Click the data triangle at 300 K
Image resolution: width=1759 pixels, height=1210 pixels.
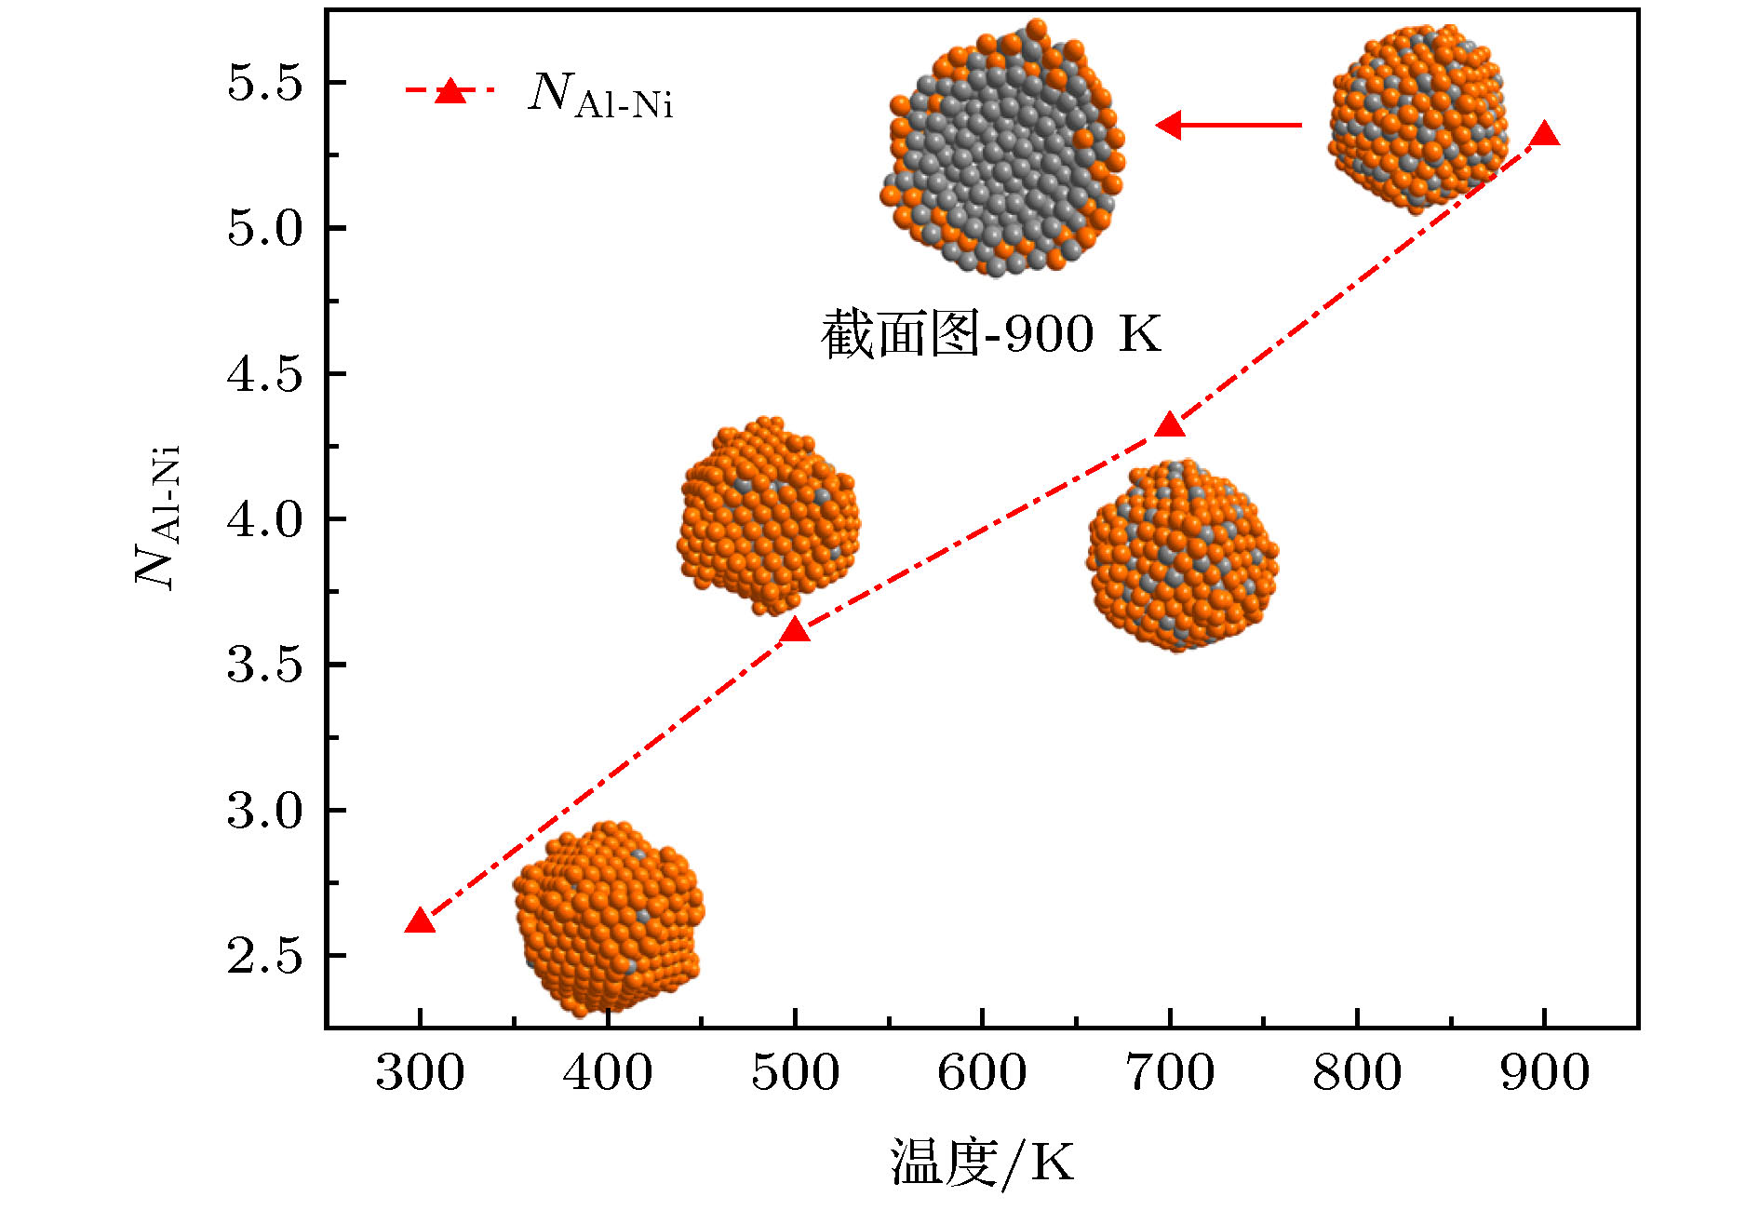(x=420, y=921)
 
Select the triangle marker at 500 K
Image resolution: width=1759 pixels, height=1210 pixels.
(x=794, y=631)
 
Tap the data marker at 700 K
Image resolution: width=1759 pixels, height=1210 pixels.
(x=1170, y=426)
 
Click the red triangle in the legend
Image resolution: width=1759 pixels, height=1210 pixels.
(x=450, y=91)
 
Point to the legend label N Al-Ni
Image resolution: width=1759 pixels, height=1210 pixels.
(x=600, y=95)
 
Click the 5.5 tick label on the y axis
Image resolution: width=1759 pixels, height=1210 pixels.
(x=265, y=84)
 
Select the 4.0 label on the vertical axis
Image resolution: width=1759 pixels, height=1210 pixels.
(x=265, y=519)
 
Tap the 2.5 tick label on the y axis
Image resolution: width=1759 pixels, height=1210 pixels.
(x=265, y=957)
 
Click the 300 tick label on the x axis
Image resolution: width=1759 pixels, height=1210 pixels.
(x=420, y=1072)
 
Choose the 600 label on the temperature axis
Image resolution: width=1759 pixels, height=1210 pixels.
(x=982, y=1072)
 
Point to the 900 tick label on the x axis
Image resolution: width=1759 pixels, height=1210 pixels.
(x=1545, y=1072)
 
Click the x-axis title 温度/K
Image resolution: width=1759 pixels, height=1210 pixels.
(x=982, y=1162)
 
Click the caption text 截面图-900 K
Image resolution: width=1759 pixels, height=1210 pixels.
(x=991, y=333)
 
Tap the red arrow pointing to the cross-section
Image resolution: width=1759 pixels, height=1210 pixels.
(x=1229, y=125)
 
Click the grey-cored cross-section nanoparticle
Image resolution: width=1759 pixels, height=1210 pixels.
(x=1003, y=149)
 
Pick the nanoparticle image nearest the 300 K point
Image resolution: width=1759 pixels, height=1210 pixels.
(x=609, y=918)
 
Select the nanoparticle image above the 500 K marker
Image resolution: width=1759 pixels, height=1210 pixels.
(x=768, y=515)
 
